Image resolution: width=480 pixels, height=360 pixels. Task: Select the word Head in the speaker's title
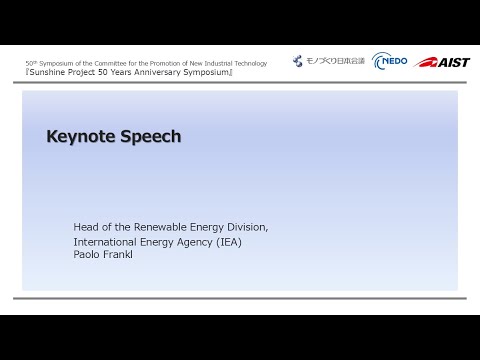coord(87,227)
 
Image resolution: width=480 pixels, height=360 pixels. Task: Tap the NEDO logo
coord(388,62)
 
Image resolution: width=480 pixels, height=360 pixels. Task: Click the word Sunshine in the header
coord(49,73)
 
